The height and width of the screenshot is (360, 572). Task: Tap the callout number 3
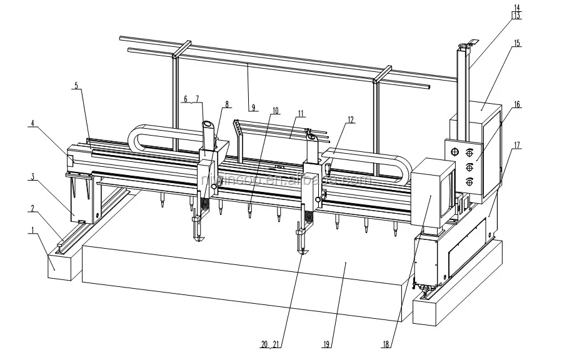coord(31,177)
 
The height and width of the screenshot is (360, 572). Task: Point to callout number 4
coord(31,124)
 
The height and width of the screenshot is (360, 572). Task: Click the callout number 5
coord(76,86)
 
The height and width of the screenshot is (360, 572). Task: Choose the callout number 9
coord(253,107)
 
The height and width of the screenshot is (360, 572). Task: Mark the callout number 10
coord(275,111)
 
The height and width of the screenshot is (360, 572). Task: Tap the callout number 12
coord(351,119)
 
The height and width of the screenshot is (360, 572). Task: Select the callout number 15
coord(516,43)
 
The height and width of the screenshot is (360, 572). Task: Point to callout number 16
coord(516,104)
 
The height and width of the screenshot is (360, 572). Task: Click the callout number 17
coord(516,146)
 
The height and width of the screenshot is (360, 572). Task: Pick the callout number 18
coord(389,343)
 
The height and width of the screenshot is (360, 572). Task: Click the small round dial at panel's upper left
coord(454,151)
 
